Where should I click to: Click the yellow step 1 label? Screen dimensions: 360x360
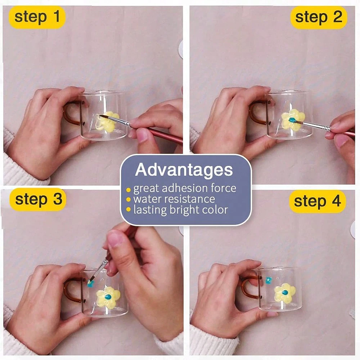click(x=37, y=17)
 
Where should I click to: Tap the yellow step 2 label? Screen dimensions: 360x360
click(x=319, y=17)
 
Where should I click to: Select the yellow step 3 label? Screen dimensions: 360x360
click(x=38, y=199)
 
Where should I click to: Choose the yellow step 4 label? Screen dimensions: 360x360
click(x=317, y=201)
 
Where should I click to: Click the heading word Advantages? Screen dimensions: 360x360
click(x=184, y=170)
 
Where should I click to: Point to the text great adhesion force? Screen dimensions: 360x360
click(x=185, y=189)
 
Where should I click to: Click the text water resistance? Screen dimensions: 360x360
click(x=174, y=199)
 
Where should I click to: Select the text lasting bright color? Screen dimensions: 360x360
click(x=181, y=210)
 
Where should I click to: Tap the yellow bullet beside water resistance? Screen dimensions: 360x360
click(x=129, y=199)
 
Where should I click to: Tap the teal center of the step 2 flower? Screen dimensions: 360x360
click(x=292, y=120)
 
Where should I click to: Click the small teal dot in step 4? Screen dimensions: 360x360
click(x=269, y=280)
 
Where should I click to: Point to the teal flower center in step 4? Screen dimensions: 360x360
click(x=285, y=293)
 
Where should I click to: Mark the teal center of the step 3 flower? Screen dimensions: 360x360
click(x=108, y=297)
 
